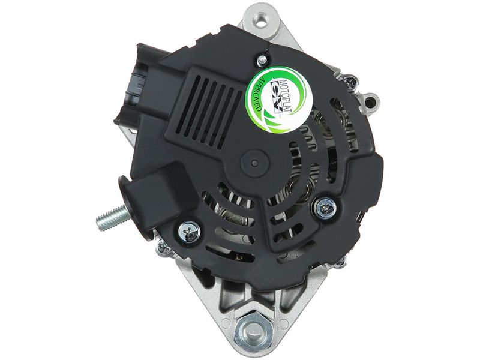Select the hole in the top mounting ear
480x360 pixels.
pyautogui.click(x=260, y=22)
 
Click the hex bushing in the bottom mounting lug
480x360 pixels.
pyautogui.click(x=253, y=331)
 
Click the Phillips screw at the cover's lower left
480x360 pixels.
pyautogui.click(x=189, y=233)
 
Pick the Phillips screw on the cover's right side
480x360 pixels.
pyautogui.click(x=326, y=208)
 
